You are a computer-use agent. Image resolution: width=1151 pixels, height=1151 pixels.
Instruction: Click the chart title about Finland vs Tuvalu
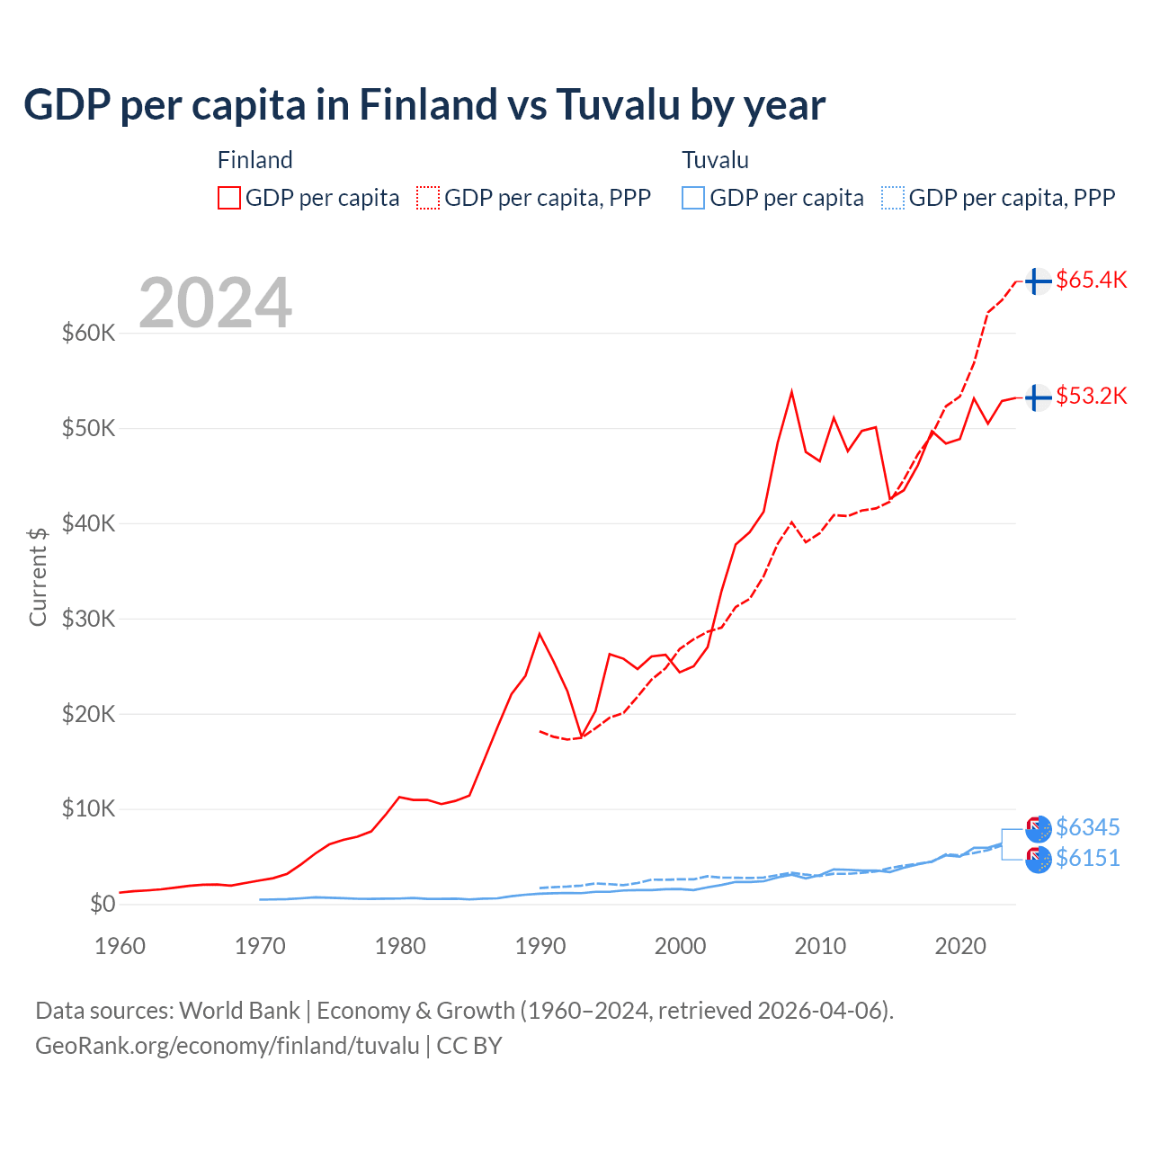pyautogui.click(x=424, y=105)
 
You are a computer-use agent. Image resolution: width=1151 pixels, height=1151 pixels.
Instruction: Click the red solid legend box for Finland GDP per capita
pyautogui.click(x=229, y=198)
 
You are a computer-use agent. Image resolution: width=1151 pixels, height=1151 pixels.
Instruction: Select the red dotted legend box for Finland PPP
pyautogui.click(x=428, y=198)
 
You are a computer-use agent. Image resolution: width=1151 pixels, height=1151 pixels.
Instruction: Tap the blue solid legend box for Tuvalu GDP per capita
pyautogui.click(x=693, y=198)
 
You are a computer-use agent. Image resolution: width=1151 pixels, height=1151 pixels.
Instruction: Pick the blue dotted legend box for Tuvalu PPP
pyautogui.click(x=893, y=198)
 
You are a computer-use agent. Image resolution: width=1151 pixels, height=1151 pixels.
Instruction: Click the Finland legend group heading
pyautogui.click(x=255, y=160)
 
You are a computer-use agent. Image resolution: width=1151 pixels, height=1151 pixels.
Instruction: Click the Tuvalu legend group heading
pyautogui.click(x=715, y=160)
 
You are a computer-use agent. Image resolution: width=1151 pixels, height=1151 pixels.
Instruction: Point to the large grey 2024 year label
pyautogui.click(x=215, y=303)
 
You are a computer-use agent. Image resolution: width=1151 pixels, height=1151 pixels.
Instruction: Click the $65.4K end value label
pyautogui.click(x=1091, y=280)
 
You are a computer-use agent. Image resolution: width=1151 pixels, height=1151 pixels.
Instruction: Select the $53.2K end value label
pyautogui.click(x=1091, y=396)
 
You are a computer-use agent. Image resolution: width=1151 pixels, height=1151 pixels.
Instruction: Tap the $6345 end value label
pyautogui.click(x=1087, y=827)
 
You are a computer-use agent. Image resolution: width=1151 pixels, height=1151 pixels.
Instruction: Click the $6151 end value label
pyautogui.click(x=1087, y=858)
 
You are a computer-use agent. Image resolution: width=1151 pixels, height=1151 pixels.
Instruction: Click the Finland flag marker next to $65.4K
pyautogui.click(x=1039, y=281)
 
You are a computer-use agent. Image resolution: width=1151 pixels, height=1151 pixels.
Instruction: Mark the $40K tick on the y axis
pyautogui.click(x=88, y=523)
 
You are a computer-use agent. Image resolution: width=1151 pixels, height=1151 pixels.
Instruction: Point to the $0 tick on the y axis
pyautogui.click(x=103, y=904)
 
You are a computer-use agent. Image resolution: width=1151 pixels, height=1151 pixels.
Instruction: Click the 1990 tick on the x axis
pyautogui.click(x=540, y=946)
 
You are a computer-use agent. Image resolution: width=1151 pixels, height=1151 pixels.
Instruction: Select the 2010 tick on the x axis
pyautogui.click(x=820, y=946)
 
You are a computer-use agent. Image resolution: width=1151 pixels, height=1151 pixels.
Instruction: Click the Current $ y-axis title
pyautogui.click(x=38, y=576)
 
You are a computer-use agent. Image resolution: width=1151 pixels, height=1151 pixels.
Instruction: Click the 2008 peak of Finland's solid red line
pyautogui.click(x=791, y=392)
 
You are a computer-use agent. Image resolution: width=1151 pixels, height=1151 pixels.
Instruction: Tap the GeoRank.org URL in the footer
pyautogui.click(x=228, y=1046)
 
